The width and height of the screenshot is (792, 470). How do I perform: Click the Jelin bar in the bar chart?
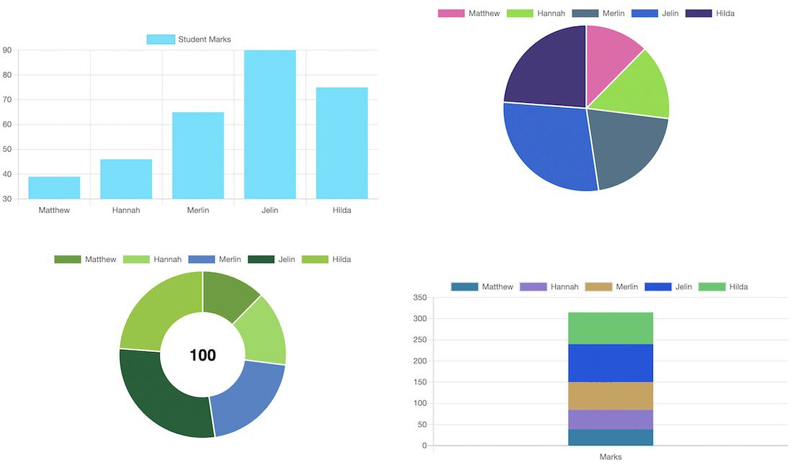[270, 124]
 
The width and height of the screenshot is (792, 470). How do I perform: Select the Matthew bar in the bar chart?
[54, 187]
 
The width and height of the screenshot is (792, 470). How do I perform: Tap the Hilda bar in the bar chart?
[342, 143]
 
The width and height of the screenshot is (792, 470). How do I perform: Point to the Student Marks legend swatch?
[161, 40]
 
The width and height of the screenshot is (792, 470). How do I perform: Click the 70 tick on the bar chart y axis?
[7, 100]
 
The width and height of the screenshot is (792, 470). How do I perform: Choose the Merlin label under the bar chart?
[198, 210]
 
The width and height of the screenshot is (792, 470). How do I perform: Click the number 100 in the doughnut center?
[202, 356]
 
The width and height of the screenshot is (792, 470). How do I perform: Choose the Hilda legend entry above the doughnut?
[326, 260]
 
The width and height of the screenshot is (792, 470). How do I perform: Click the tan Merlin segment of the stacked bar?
[611, 396]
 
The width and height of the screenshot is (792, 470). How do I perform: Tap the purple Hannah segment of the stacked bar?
[611, 420]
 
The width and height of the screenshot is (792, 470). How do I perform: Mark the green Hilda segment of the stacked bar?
[611, 328]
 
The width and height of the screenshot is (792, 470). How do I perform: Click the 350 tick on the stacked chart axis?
[420, 297]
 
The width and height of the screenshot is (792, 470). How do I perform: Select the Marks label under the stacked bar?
[611, 457]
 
